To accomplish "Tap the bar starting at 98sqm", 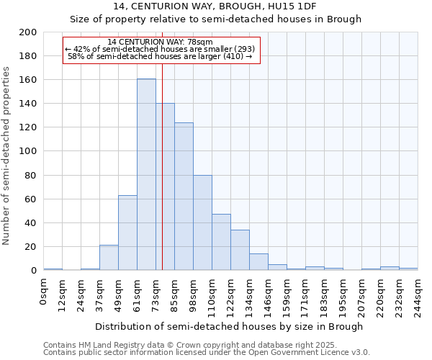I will [x=202, y=222].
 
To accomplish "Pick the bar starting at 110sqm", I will [x=221, y=242].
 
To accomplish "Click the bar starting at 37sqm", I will [x=109, y=258].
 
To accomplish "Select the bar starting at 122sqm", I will [x=240, y=250].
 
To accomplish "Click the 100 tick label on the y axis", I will [x=27, y=151].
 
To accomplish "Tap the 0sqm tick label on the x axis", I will [x=44, y=291].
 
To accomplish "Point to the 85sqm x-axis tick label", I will [x=175, y=293].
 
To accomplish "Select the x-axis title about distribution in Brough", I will [x=229, y=326].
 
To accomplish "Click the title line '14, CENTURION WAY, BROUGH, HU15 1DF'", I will [x=215, y=6].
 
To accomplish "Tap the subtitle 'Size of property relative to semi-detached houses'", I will [x=215, y=19].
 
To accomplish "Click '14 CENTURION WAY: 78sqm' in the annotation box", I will [x=160, y=42].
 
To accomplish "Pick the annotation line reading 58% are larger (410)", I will [x=160, y=57].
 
